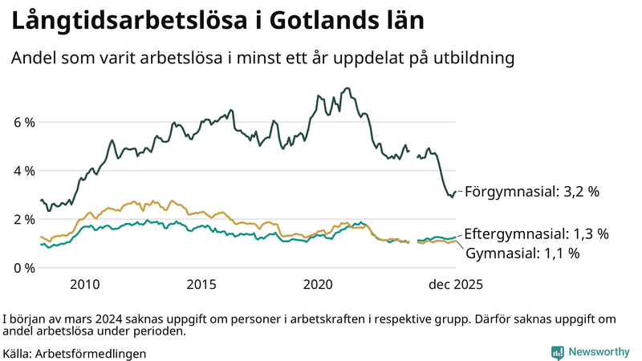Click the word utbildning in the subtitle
[469, 59]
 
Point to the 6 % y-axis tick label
[23, 123]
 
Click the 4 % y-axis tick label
[23, 171]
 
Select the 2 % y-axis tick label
[23, 219]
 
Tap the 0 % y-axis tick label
[23, 267]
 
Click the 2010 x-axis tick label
[85, 285]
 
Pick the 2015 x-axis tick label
[201, 285]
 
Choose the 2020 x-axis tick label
[319, 285]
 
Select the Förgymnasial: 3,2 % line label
[532, 192]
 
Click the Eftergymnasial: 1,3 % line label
[536, 234]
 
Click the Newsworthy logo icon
[557, 352]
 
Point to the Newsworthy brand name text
[599, 352]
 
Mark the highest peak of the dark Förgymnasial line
[347, 88]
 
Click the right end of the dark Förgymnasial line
[455, 192]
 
